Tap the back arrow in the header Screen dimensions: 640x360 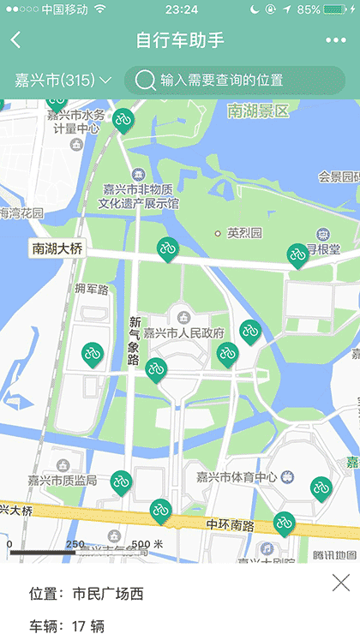tap(15, 40)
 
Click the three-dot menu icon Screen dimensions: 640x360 tap(335, 40)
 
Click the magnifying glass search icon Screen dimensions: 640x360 tap(146, 80)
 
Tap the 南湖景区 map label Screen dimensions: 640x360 tap(258, 111)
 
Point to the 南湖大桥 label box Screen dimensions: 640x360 tap(57, 249)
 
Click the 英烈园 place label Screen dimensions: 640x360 tap(243, 233)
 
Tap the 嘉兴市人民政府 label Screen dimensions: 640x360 tap(183, 333)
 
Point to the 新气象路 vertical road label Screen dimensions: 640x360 tap(134, 341)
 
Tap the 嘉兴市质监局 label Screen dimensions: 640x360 tap(62, 480)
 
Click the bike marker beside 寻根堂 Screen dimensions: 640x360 tap(297, 254)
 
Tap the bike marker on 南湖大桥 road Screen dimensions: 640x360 tap(167, 248)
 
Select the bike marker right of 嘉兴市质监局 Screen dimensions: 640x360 tap(121, 482)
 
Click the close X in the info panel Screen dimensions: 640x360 tap(341, 583)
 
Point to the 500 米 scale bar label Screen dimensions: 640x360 tap(147, 544)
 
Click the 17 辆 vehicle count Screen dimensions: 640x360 tap(87, 626)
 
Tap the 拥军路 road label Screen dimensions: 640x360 tap(92, 290)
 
